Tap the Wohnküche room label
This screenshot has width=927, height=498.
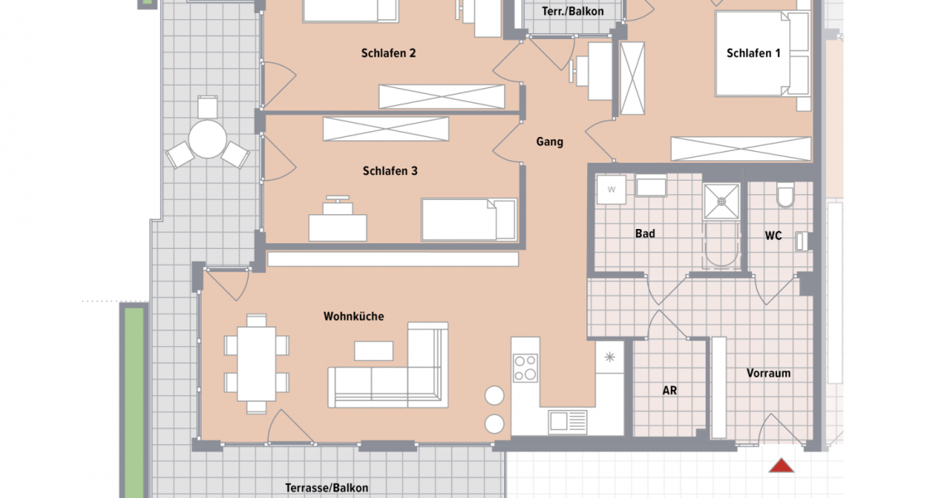(353, 316)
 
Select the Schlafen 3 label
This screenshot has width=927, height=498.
(390, 171)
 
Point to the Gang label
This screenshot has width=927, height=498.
(549, 142)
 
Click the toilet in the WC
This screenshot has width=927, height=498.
(785, 197)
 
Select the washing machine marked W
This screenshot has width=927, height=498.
(612, 188)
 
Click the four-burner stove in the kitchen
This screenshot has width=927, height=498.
(525, 367)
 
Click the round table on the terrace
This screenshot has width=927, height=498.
(207, 139)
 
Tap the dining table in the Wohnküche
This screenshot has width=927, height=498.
(256, 363)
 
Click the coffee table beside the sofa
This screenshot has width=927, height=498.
(373, 350)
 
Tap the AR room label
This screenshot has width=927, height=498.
(669, 389)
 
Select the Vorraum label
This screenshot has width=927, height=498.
(768, 373)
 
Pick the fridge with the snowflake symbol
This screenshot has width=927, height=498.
(609, 358)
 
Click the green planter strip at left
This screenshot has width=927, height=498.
(133, 398)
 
